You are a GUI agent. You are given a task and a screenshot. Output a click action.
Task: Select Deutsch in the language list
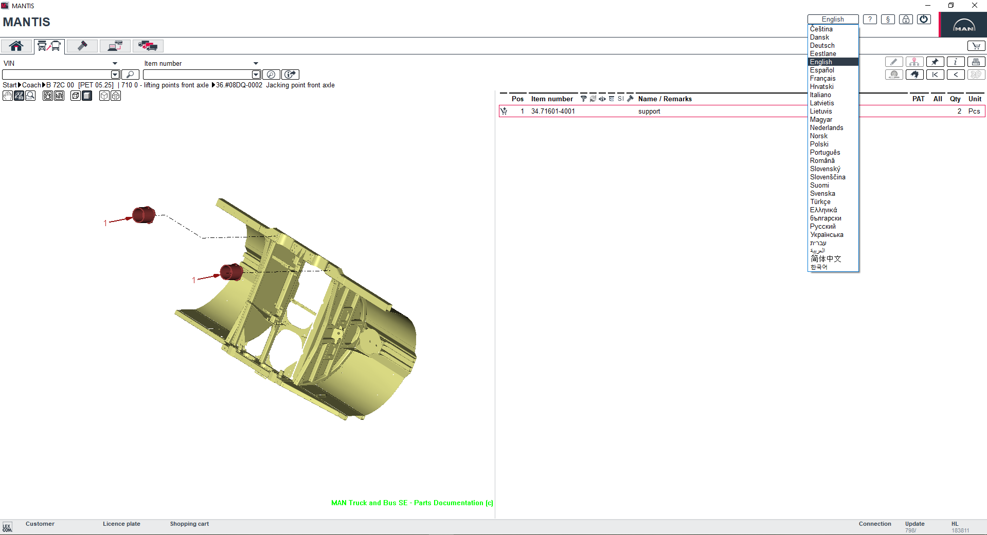point(822,46)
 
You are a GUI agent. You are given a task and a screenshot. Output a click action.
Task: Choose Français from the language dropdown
point(822,79)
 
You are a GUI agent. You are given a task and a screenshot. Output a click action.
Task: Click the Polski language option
point(819,144)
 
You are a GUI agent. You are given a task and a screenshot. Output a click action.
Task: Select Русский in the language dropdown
point(822,227)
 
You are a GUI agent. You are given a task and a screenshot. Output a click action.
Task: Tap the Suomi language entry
point(819,186)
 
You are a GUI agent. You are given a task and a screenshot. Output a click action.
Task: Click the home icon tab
point(16,46)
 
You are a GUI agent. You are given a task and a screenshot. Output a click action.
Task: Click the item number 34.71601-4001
point(553,112)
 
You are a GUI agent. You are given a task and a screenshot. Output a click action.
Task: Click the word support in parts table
point(649,112)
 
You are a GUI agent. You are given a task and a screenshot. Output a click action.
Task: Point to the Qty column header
point(955,99)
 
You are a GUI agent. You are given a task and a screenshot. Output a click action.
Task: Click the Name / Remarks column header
point(665,99)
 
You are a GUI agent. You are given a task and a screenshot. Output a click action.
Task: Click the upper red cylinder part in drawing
point(144,215)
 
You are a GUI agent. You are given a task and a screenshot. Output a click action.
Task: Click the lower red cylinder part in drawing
point(231,272)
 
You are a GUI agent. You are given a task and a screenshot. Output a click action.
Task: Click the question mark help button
point(870,20)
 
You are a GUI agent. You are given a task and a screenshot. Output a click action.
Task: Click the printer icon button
point(976,62)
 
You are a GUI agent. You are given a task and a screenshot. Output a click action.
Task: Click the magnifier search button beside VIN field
point(131,75)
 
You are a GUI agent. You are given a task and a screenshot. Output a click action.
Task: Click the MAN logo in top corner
point(963,25)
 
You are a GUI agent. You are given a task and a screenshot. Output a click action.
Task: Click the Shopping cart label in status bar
point(189,524)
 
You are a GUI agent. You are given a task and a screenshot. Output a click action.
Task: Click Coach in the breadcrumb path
point(31,85)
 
